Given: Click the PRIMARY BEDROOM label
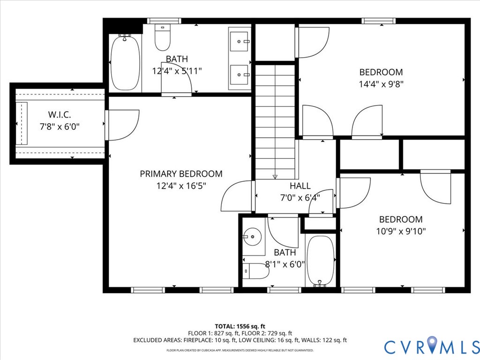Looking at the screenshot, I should coord(181,174).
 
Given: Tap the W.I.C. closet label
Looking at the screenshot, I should coord(60,115).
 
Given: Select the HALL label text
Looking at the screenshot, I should coord(300,186).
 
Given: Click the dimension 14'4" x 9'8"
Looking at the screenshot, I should coord(381,84).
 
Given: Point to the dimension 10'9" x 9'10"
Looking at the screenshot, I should coord(400,231).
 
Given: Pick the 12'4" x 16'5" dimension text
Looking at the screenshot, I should coord(181,186).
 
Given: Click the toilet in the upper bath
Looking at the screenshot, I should coord(162,38).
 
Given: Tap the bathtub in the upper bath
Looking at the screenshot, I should coord(125,63).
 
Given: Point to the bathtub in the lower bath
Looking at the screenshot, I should coord(320,260).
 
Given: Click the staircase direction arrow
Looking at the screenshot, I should coord(275,176).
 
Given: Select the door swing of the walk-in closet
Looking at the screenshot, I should coord(123,125).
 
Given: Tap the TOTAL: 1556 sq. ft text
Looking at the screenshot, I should coord(240,326).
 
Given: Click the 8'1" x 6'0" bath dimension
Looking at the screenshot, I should coord(285,264).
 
